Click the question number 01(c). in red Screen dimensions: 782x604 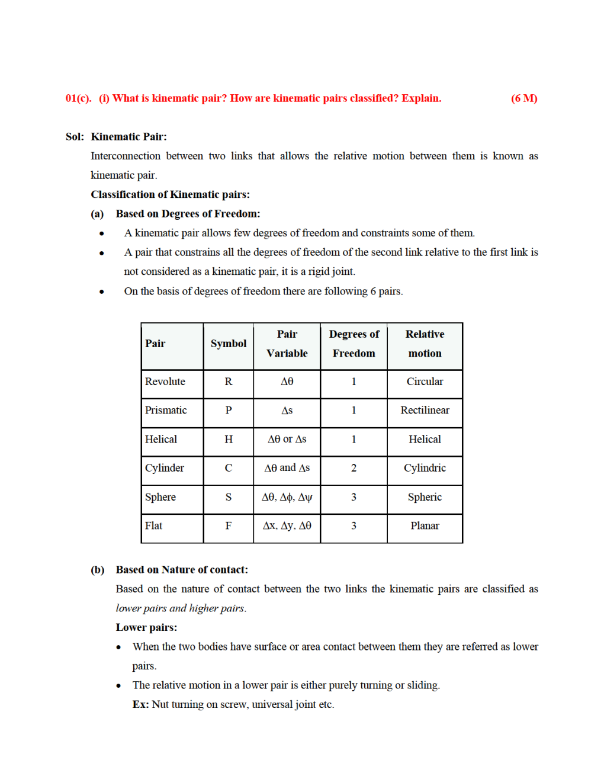tap(78, 98)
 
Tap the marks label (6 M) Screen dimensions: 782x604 tap(523, 98)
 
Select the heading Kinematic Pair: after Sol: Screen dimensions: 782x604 tap(128, 137)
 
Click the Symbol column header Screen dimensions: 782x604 tap(228, 344)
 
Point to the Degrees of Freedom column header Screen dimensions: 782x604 tap(354, 344)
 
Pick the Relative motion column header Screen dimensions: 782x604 tap(425, 344)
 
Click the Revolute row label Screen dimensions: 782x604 tap(165, 382)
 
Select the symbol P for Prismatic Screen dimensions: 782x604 tap(228, 411)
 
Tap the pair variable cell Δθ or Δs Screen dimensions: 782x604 tap(287, 439)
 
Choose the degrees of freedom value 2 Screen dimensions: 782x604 tap(354, 468)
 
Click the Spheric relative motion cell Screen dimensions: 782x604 tap(425, 497)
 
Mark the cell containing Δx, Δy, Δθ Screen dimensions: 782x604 tap(287, 525)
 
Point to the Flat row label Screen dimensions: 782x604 tap(154, 525)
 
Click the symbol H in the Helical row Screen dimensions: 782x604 tap(228, 439)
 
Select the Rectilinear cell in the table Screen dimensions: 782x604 tap(425, 411)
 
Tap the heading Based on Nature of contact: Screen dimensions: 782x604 tap(182, 570)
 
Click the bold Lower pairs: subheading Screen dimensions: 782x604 tap(146, 627)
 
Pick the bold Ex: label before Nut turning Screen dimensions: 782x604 tap(140, 704)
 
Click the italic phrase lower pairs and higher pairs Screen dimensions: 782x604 tap(181, 608)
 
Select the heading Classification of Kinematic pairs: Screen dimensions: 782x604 tap(170, 194)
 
